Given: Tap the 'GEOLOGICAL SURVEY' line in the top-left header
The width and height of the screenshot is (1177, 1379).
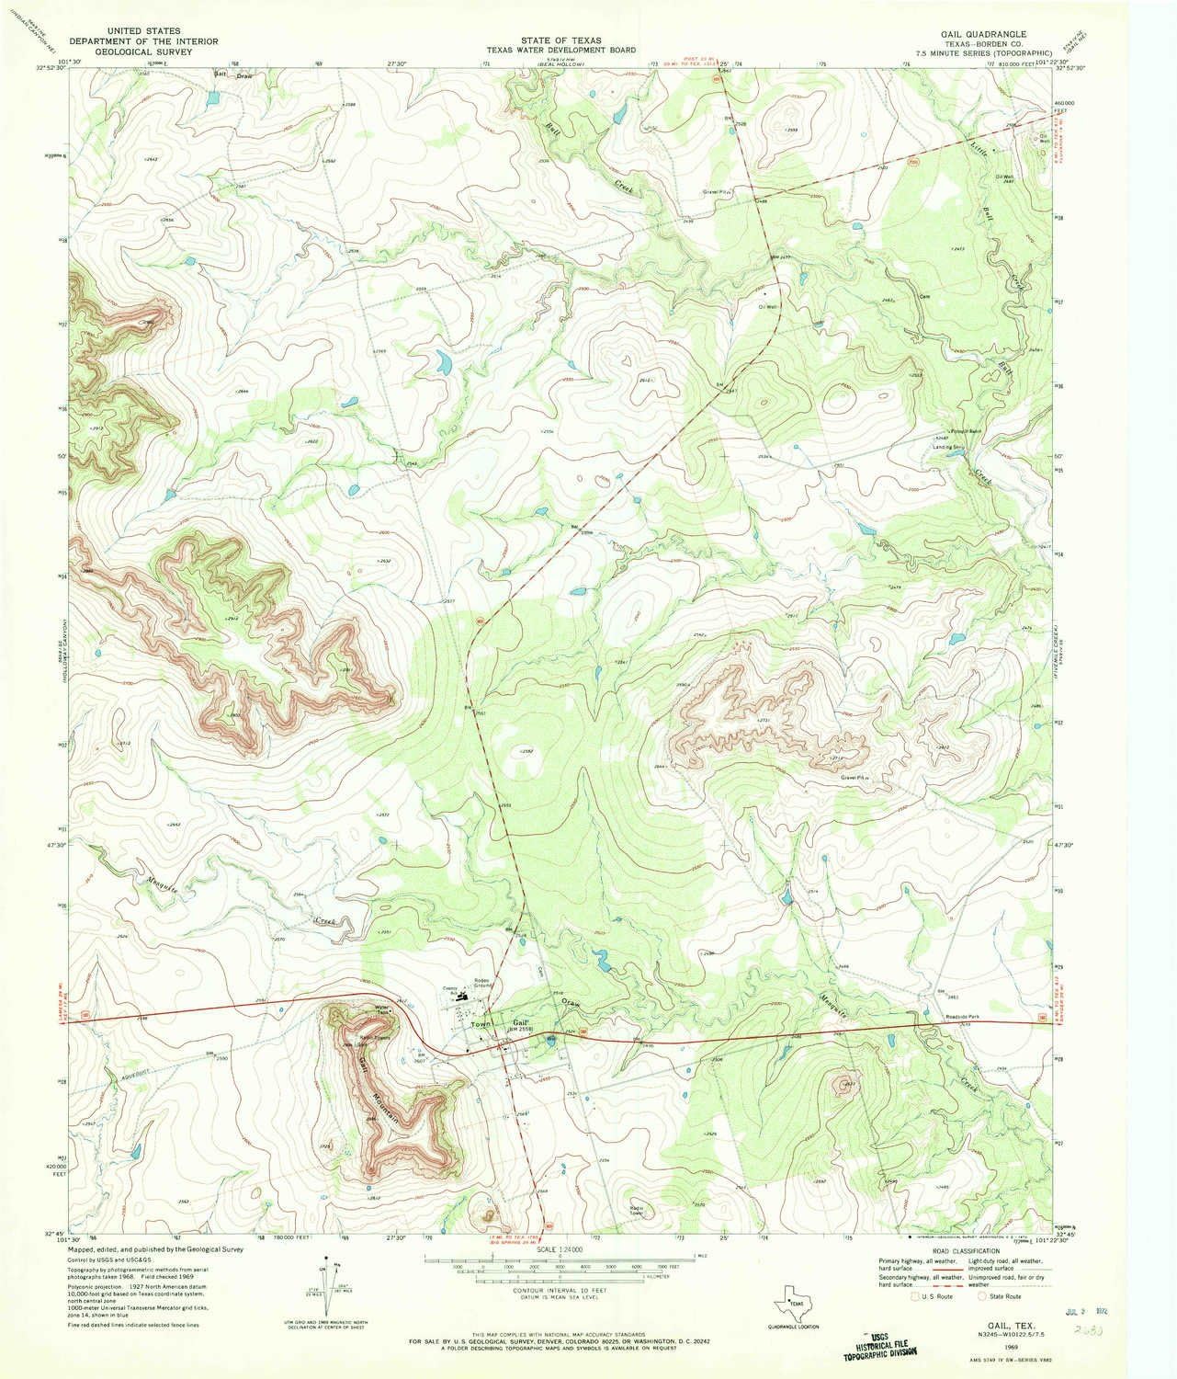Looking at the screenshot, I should coord(142,52).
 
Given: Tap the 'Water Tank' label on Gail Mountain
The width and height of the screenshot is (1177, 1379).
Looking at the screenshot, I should coord(384,1009).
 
